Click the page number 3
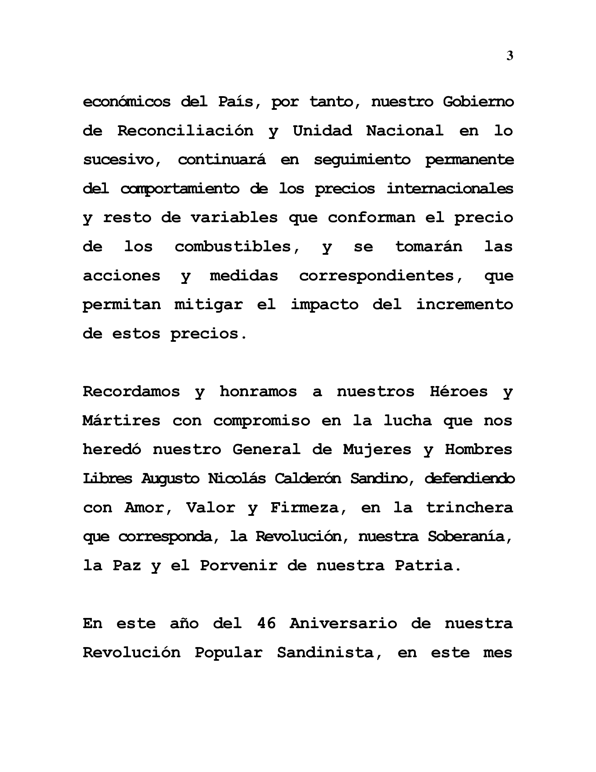(509, 56)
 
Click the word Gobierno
(478, 102)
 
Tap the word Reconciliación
(185, 131)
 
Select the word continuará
(221, 160)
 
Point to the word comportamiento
(180, 189)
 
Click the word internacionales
(449, 188)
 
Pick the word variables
(234, 218)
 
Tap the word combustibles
(237, 246)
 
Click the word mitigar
(208, 304)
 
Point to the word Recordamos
(131, 392)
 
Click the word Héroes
(459, 392)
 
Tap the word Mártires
(121, 421)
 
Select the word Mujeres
(377, 450)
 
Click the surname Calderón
(307, 479)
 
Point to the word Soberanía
(469, 537)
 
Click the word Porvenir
(239, 566)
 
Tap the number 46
(266, 623)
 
